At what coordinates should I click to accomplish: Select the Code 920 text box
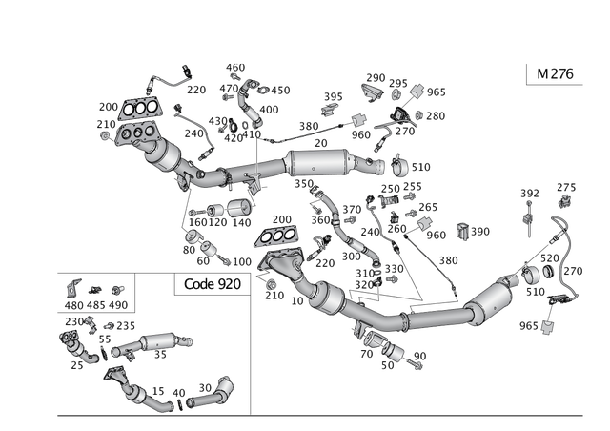pyautogui.click(x=210, y=284)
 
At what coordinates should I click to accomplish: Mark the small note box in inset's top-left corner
pyautogui.click(x=95, y=294)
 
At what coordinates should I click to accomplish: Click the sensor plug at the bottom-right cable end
pyautogui.click(x=546, y=326)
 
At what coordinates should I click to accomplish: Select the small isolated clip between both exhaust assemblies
pyautogui.click(x=461, y=232)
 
